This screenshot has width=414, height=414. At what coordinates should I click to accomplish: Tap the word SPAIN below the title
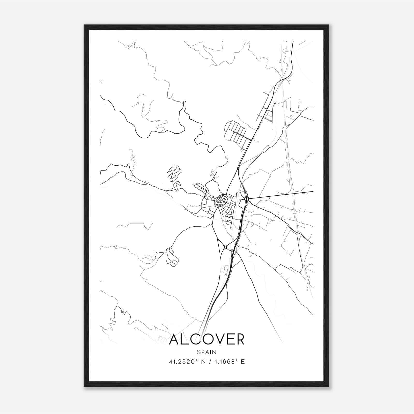tap(206, 352)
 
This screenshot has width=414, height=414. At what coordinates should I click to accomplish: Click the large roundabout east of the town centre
tap(247, 199)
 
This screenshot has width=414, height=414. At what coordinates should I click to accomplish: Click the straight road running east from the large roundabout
tap(279, 195)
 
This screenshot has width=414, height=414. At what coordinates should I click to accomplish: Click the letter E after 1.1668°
tap(242, 362)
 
